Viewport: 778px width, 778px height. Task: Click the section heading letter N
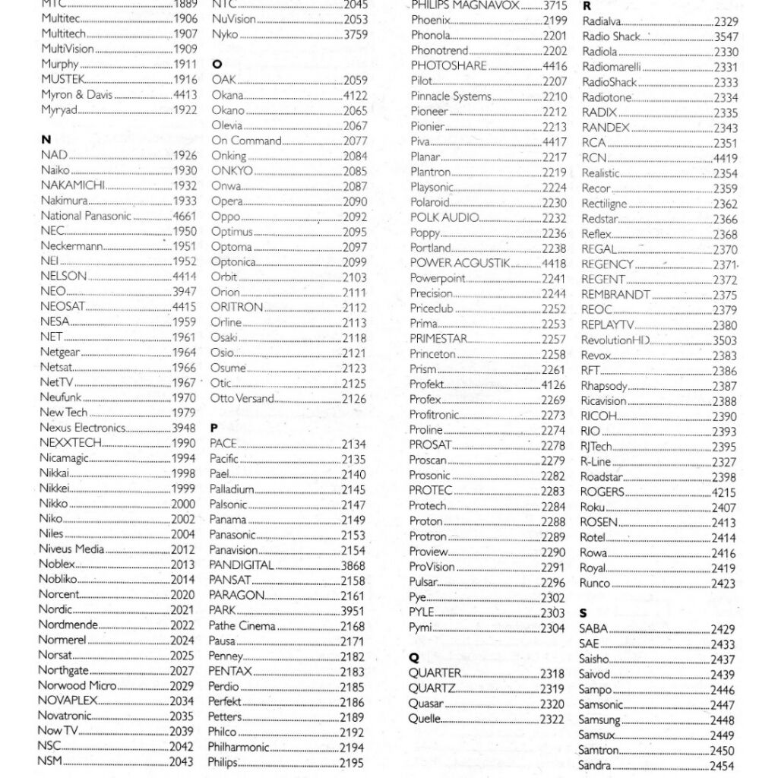[46, 140]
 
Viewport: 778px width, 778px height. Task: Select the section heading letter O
[217, 65]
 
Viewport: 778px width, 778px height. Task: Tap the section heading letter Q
[413, 658]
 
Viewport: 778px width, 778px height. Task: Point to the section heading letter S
[583, 613]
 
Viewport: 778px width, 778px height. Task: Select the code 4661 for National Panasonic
[184, 216]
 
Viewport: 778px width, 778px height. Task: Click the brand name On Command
[246, 141]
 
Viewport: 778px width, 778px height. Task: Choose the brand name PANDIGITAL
[241, 565]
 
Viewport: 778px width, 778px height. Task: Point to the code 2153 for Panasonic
[353, 535]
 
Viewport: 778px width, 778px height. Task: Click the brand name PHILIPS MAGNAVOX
[465, 5]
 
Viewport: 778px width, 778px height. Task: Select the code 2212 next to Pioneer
[554, 112]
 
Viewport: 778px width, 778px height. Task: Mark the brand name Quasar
[425, 704]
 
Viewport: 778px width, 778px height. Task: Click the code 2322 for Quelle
[552, 719]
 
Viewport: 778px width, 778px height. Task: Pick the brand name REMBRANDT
[615, 295]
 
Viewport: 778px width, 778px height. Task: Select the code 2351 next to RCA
[725, 143]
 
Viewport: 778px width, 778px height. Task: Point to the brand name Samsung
[599, 720]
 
